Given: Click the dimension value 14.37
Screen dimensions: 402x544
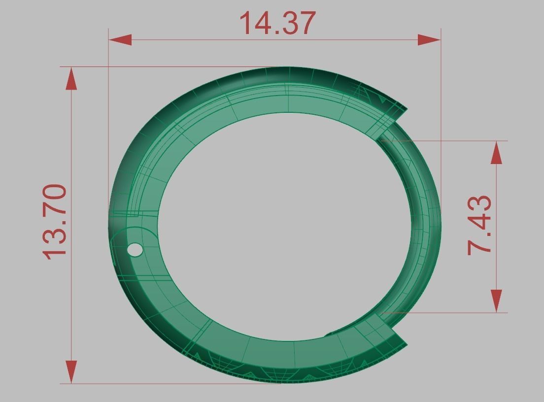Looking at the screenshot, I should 277,23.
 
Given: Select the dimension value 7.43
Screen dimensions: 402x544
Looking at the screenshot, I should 479,226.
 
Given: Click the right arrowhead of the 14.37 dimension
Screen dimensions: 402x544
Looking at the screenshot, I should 429,40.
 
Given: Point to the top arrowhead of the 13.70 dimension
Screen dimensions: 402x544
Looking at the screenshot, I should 71,79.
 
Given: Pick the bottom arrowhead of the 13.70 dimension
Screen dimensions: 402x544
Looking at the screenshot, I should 71,371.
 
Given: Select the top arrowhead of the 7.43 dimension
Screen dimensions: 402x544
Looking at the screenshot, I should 497,154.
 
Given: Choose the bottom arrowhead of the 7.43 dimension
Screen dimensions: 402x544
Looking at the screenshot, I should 497,300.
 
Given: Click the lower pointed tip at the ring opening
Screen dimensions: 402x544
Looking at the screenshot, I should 407,344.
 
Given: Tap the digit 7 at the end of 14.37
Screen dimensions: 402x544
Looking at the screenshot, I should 304,23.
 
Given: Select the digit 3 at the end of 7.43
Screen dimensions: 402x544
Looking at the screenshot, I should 479,203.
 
